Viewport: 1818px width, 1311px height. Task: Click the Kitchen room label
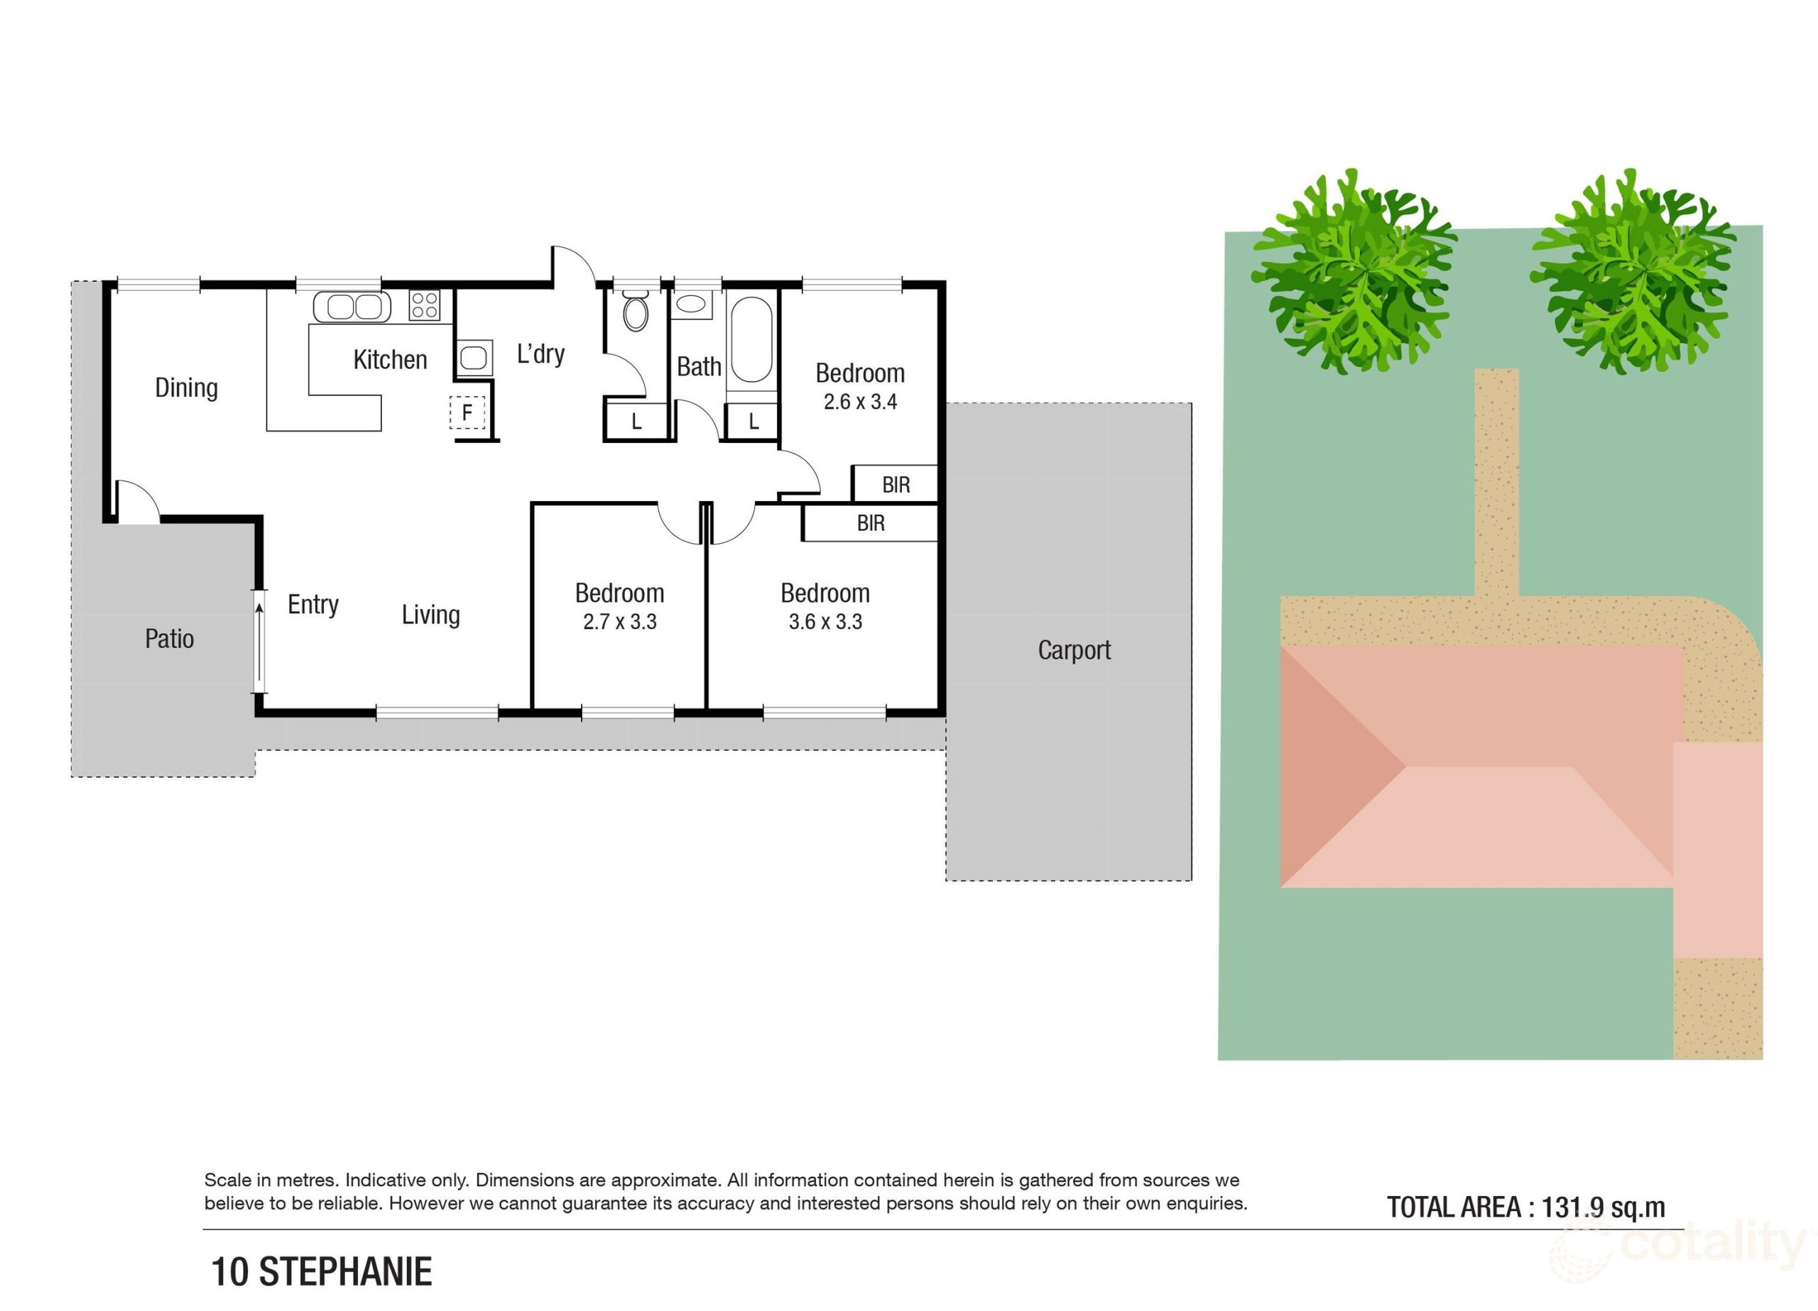point(391,360)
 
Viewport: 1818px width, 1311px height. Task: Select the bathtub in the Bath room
point(752,340)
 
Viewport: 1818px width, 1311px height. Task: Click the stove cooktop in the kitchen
point(424,305)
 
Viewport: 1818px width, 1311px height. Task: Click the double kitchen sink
point(352,307)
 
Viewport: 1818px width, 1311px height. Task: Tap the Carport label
point(1074,650)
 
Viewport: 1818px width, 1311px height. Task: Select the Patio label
point(169,639)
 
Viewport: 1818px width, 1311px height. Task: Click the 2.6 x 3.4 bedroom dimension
point(860,402)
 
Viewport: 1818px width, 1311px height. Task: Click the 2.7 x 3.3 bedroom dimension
point(620,622)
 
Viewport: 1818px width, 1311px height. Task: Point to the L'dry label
point(540,353)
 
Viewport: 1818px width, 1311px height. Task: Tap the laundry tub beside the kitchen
point(474,358)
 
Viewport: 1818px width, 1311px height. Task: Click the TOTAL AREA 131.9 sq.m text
point(1525,1207)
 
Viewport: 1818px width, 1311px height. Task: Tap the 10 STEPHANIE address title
point(322,1273)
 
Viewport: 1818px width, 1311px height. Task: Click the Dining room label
point(186,388)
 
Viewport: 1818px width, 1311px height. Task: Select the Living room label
point(430,615)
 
